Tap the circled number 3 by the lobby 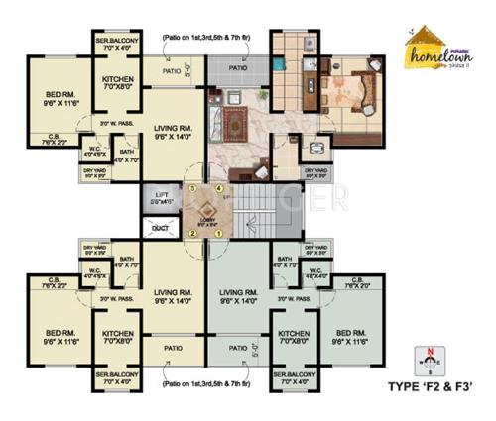point(191,185)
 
